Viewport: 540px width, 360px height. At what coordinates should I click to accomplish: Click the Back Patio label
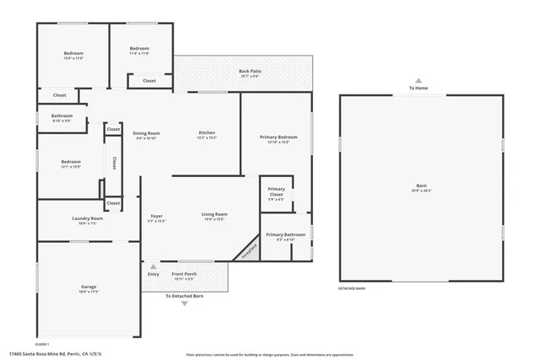tap(249, 72)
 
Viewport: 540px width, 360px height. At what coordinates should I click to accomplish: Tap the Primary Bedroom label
tap(278, 137)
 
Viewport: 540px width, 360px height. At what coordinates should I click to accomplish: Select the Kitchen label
tap(207, 133)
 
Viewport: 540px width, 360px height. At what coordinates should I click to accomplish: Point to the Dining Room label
tap(146, 133)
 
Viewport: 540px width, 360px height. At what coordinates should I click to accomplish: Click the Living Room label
tap(214, 215)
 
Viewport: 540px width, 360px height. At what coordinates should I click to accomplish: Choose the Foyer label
tap(157, 216)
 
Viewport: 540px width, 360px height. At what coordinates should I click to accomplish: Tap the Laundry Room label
tap(87, 218)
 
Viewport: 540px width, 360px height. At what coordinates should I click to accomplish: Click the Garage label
tap(89, 287)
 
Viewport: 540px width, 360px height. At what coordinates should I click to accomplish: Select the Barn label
tap(421, 186)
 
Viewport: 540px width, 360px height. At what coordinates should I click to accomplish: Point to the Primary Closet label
tap(276, 191)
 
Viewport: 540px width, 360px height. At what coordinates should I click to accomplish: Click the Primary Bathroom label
tap(285, 234)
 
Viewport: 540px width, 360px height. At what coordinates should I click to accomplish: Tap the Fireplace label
tap(248, 250)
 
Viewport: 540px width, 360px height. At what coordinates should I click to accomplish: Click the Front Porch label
tap(184, 274)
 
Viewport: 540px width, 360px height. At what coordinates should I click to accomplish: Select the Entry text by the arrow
tap(153, 274)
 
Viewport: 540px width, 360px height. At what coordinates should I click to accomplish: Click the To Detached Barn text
tap(184, 296)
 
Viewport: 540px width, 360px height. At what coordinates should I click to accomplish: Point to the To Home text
tap(418, 88)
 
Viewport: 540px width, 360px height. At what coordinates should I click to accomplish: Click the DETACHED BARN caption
tap(351, 288)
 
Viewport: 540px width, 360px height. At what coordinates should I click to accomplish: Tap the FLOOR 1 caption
tap(43, 344)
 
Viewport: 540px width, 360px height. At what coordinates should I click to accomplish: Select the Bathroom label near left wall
tap(62, 116)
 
